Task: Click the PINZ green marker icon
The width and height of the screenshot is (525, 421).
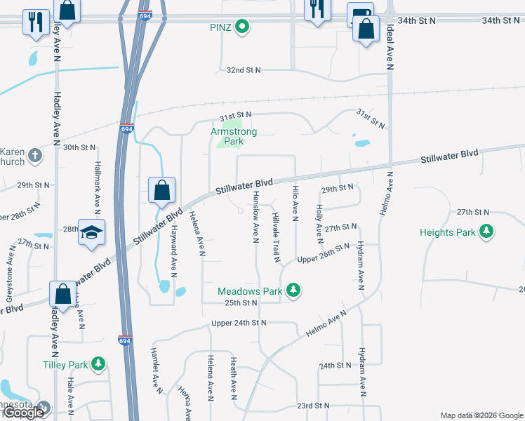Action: tap(242, 27)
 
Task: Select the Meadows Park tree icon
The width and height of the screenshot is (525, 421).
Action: tap(296, 290)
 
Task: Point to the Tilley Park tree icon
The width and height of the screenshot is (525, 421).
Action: tap(99, 363)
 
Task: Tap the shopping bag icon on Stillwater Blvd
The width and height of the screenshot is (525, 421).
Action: tap(161, 190)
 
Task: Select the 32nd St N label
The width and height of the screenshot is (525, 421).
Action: tap(243, 70)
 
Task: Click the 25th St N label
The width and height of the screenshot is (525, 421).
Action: tap(237, 302)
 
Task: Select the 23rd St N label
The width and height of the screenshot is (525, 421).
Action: tap(313, 406)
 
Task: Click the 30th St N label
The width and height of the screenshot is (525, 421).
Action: tap(79, 147)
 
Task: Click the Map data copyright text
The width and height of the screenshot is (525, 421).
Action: tap(481, 415)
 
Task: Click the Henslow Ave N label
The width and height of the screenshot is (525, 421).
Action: tap(256, 217)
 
